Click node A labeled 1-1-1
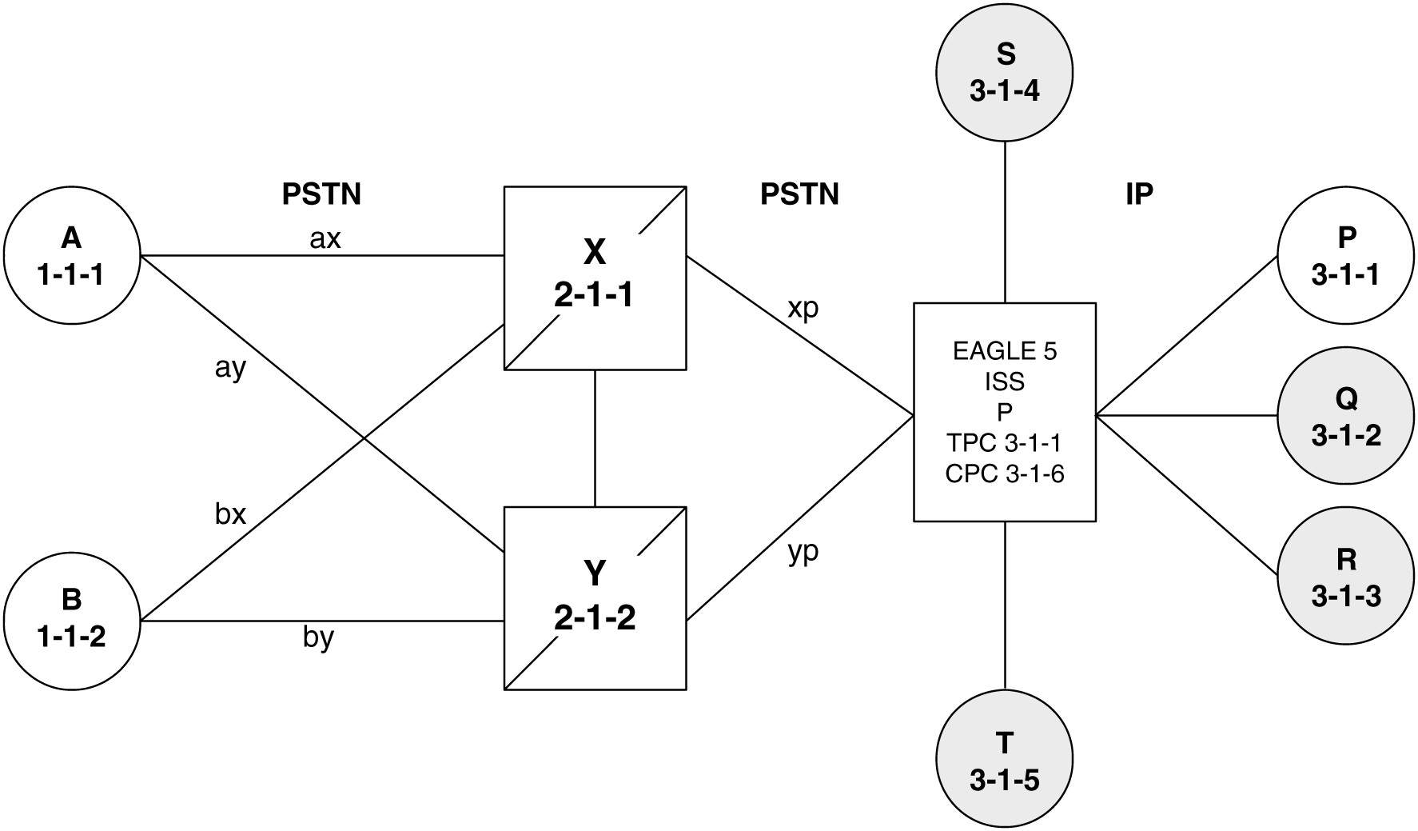click(x=71, y=256)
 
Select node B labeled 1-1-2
click(x=71, y=618)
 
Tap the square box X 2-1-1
click(x=595, y=277)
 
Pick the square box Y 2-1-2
click(x=595, y=597)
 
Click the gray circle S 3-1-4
click(x=1005, y=73)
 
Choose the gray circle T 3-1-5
click(x=1005, y=761)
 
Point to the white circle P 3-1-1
click(x=1346, y=256)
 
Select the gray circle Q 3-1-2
click(x=1346, y=415)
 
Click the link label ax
click(x=325, y=238)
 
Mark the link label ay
click(x=229, y=369)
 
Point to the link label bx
click(x=230, y=514)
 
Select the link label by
click(x=318, y=638)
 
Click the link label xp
click(x=803, y=309)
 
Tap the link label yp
click(x=803, y=552)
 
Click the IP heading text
click(x=1139, y=194)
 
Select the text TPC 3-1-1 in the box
click(x=1005, y=442)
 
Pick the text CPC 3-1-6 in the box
click(x=1005, y=473)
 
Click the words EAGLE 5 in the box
click(x=1005, y=351)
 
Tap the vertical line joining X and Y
click(x=595, y=437)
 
